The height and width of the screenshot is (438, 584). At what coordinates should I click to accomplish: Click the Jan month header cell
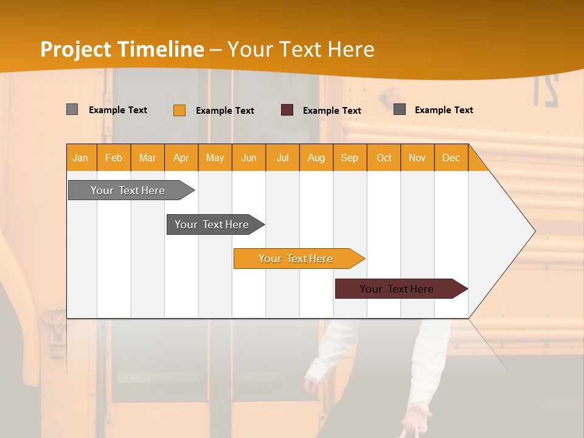(x=81, y=158)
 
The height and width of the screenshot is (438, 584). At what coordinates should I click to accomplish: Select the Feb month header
(x=114, y=158)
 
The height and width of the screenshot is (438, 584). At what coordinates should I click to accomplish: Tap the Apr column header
(x=181, y=158)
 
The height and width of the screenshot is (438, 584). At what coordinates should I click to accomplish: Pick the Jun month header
(x=249, y=158)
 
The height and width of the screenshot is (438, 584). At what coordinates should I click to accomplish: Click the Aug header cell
(x=316, y=158)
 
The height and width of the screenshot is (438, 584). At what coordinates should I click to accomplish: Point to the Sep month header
(x=350, y=158)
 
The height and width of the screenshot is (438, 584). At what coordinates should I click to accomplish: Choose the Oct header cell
(x=384, y=158)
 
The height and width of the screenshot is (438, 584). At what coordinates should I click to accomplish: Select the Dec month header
(x=451, y=158)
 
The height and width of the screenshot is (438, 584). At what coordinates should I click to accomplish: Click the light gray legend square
(x=72, y=109)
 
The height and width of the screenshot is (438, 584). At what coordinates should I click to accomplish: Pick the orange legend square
(x=179, y=110)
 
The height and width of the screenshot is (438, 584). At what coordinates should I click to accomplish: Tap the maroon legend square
(x=287, y=110)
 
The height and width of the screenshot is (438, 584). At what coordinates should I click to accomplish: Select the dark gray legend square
(x=400, y=109)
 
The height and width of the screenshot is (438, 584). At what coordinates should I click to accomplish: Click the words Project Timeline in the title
(x=122, y=49)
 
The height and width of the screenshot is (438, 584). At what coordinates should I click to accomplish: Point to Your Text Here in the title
(x=301, y=49)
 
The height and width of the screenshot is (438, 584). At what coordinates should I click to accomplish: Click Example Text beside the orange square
(x=225, y=111)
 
